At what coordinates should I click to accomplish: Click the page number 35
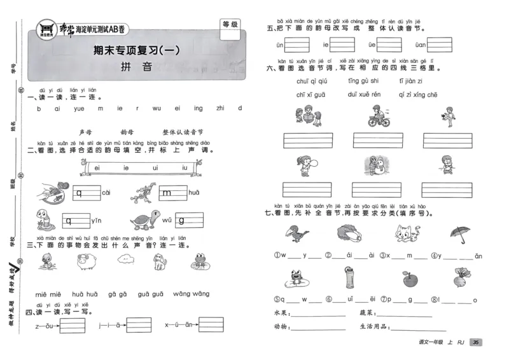475,343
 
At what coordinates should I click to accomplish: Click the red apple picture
410,278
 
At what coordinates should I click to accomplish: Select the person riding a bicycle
374,116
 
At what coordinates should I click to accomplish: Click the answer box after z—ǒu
72,326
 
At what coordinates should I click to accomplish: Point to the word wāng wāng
191,294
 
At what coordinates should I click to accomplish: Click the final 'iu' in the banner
185,168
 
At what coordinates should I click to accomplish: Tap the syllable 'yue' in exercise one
79,109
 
